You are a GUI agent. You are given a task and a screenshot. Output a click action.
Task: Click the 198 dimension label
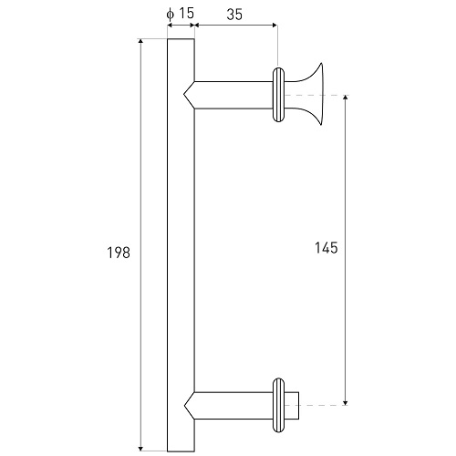(x=119, y=253)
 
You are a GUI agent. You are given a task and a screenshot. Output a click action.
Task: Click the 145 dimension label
(x=326, y=248)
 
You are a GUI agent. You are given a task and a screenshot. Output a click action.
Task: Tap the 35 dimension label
(x=234, y=15)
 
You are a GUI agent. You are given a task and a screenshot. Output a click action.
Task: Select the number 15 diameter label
(x=186, y=13)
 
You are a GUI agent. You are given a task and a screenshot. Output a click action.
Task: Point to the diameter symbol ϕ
(x=171, y=15)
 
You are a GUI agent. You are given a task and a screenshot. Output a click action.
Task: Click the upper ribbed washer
(x=278, y=95)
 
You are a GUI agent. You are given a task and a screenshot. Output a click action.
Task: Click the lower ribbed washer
(x=278, y=405)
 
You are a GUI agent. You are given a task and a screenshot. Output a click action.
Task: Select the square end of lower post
(x=292, y=406)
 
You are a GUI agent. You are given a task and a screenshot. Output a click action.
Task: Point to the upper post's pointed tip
(x=184, y=95)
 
